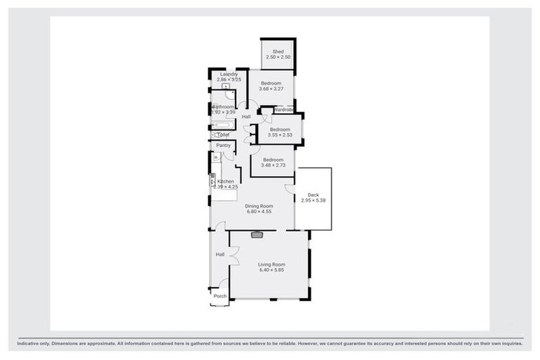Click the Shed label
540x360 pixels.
(278, 52)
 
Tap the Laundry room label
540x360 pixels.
(229, 74)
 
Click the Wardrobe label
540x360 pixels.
(283, 110)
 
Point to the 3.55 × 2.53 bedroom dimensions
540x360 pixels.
(279, 136)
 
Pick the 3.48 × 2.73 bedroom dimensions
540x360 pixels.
(273, 165)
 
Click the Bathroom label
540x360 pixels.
(223, 107)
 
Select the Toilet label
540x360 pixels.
(223, 134)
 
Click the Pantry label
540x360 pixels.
(224, 146)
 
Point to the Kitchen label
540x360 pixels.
(226, 181)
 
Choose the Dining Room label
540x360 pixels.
(259, 206)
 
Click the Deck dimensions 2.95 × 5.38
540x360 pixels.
(313, 200)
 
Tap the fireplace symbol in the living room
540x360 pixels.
(257, 235)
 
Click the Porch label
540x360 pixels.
(220, 296)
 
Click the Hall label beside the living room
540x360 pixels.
(219, 254)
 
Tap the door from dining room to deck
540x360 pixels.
(289, 189)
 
